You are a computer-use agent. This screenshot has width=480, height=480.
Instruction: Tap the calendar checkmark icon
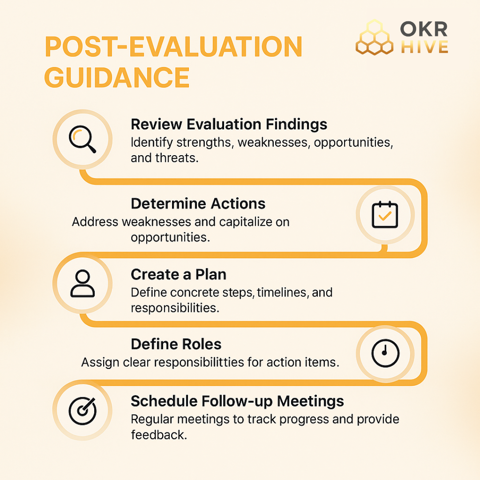pyautogui.click(x=385, y=215)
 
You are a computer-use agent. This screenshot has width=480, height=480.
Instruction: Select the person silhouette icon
pyautogui.click(x=82, y=283)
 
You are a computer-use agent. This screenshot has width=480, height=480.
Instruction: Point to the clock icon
pyautogui.click(x=385, y=353)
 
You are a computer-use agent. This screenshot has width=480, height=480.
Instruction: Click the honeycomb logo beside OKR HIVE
pyautogui.click(x=374, y=38)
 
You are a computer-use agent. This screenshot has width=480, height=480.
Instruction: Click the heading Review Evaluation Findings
pyautogui.click(x=229, y=124)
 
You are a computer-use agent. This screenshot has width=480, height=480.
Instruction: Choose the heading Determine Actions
pyautogui.click(x=198, y=204)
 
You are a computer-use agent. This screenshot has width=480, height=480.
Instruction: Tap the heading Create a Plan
pyautogui.click(x=178, y=275)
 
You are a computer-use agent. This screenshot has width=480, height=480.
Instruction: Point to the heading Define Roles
pyautogui.click(x=176, y=344)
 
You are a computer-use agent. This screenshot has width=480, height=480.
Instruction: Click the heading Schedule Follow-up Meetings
pyautogui.click(x=237, y=401)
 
